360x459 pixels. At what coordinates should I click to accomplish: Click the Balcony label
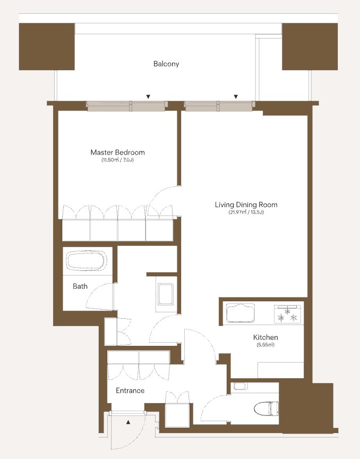click(x=166, y=64)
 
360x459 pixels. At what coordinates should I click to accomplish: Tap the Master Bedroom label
click(x=117, y=152)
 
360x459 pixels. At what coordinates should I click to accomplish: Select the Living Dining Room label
click(x=246, y=205)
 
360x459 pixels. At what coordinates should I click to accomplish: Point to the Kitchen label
click(x=265, y=337)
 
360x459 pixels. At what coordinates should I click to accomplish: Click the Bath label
click(x=80, y=286)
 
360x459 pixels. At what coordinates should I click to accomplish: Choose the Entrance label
click(x=130, y=390)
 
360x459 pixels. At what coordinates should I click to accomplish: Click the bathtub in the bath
click(x=86, y=260)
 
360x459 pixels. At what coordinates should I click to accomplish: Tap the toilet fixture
click(x=266, y=409)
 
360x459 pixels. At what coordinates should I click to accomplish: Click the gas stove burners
click(x=287, y=314)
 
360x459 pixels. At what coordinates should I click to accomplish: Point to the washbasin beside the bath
click(x=166, y=294)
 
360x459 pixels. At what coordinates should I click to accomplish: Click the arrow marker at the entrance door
click(x=128, y=422)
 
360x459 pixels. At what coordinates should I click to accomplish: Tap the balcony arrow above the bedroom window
click(x=148, y=97)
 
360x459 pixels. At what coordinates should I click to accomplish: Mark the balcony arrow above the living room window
click(x=236, y=97)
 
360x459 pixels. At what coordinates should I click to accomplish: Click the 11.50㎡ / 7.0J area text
click(x=117, y=160)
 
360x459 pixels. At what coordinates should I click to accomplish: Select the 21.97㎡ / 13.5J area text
click(x=246, y=212)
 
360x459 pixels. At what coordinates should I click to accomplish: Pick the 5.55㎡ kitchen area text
click(x=265, y=345)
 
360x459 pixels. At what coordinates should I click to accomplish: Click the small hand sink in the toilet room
click(x=241, y=386)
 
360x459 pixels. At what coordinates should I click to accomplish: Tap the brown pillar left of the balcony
click(x=47, y=47)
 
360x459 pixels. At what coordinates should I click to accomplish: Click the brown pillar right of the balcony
click(x=310, y=47)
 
